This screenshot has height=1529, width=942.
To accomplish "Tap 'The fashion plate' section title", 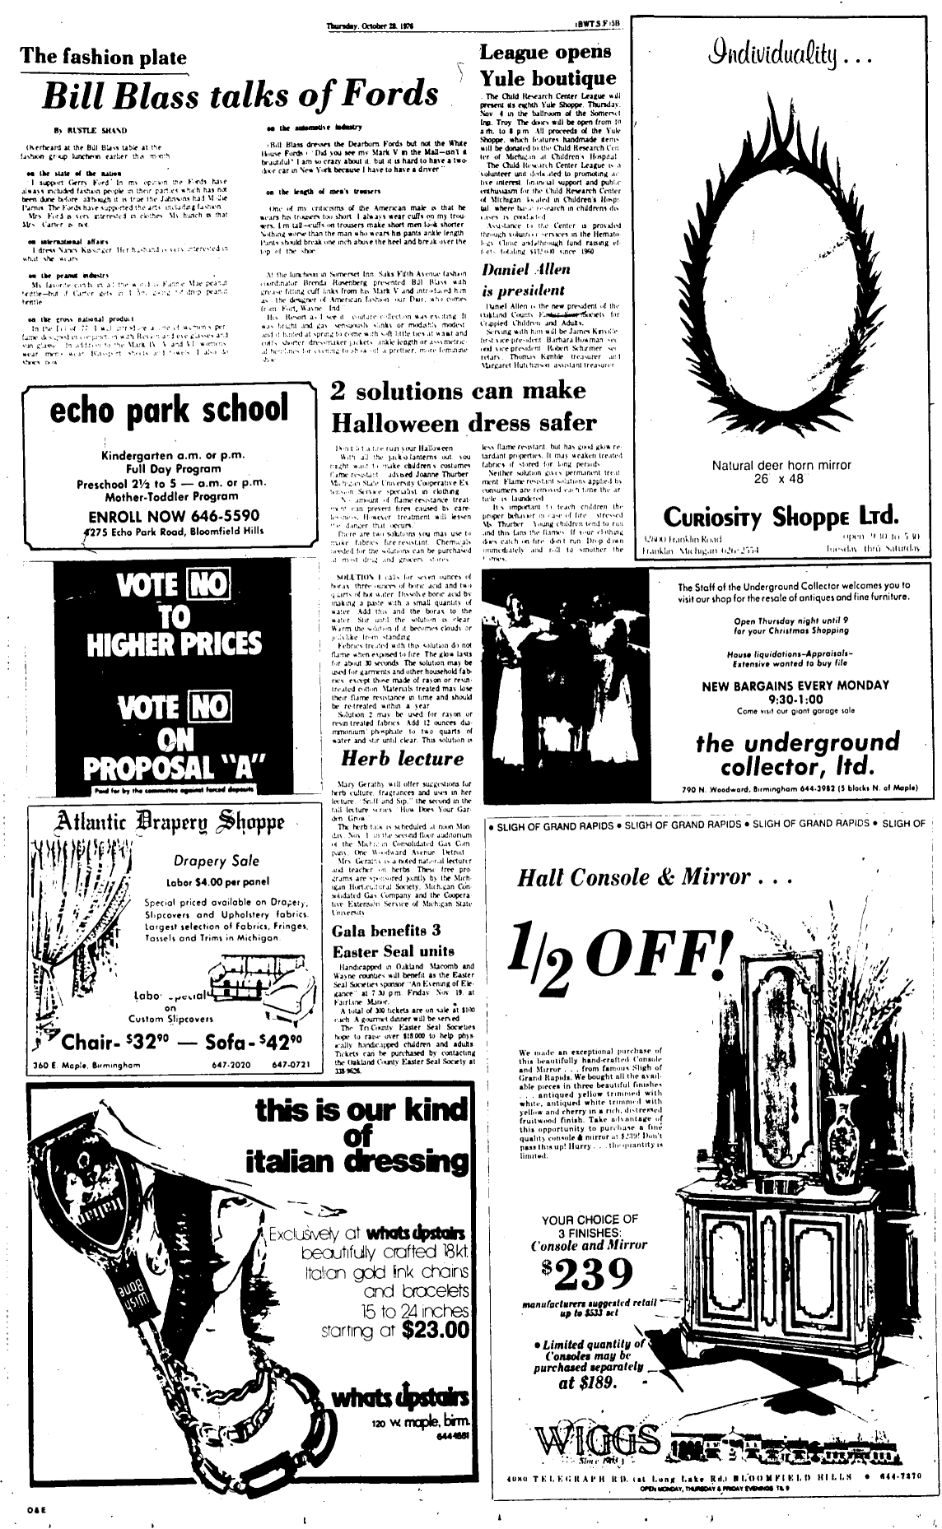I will click(x=104, y=57).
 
